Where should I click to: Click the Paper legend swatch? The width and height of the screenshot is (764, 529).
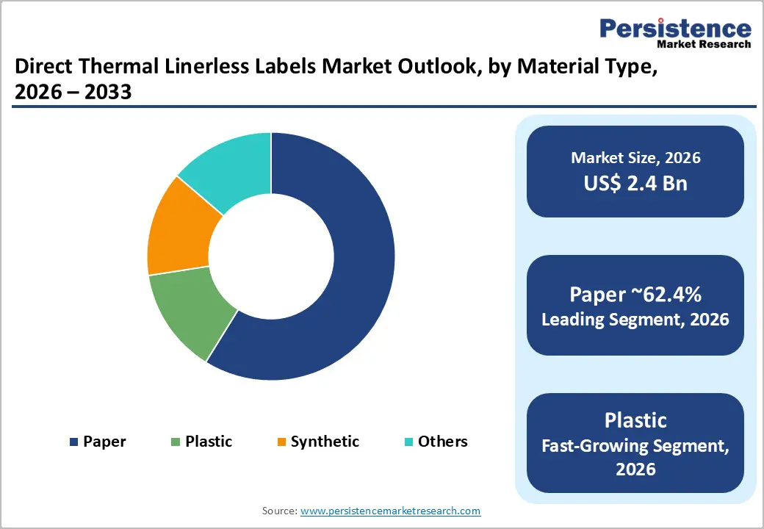coord(73,442)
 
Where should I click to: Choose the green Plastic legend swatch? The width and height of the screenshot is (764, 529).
coord(175,442)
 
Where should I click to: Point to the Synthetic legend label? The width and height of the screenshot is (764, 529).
coord(325,442)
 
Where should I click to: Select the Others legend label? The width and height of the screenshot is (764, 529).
coord(442,442)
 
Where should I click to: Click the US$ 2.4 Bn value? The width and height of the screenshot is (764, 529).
coord(635,183)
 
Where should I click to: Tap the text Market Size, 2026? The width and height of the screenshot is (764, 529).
coord(635,158)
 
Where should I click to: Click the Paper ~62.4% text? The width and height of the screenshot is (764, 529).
coord(635,295)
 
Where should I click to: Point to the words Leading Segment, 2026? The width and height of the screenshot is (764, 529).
coord(635,320)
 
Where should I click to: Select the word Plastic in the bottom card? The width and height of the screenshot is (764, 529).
coord(635,420)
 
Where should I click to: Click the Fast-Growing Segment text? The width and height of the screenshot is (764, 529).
coord(635,445)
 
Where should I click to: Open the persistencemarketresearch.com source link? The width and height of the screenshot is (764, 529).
coord(391,511)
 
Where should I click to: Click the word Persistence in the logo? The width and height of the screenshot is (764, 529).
coord(676,29)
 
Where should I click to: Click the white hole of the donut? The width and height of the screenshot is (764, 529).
coord(271,256)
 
